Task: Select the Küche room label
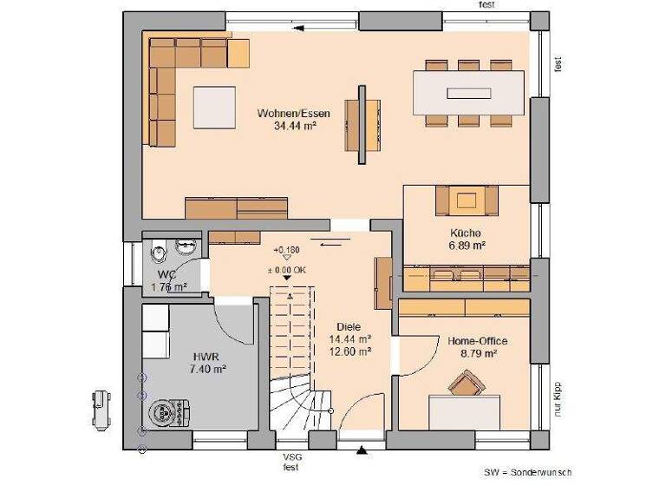pos(466,233)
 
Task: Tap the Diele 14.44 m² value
pos(351,339)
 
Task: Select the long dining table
pos(468,90)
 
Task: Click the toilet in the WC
pos(159,255)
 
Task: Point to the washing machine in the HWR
pos(163,413)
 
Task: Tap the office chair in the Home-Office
pos(466,384)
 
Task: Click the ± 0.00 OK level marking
pos(287,269)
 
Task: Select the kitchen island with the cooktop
pos(467,201)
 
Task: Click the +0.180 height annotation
pos(286,250)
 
